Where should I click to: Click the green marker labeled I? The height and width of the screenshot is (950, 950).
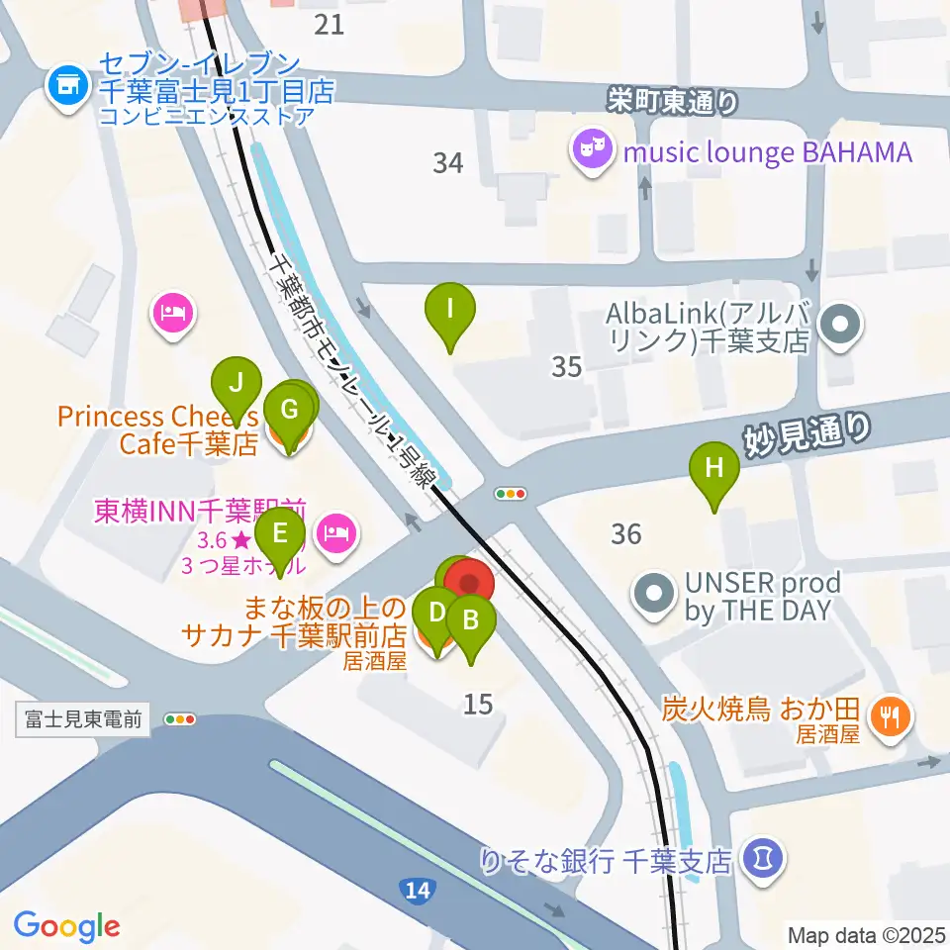tap(450, 310)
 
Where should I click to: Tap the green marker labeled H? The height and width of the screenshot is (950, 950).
tap(714, 468)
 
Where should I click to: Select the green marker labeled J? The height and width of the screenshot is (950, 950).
tap(237, 383)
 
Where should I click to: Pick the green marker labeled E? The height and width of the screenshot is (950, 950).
tap(280, 536)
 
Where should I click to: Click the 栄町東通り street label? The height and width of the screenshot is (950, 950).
tap(673, 99)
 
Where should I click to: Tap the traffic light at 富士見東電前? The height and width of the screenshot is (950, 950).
tap(180, 719)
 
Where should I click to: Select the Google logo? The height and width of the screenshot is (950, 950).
tap(66, 926)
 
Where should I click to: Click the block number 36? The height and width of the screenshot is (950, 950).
tap(626, 534)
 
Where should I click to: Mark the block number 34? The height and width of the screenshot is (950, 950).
tap(448, 162)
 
